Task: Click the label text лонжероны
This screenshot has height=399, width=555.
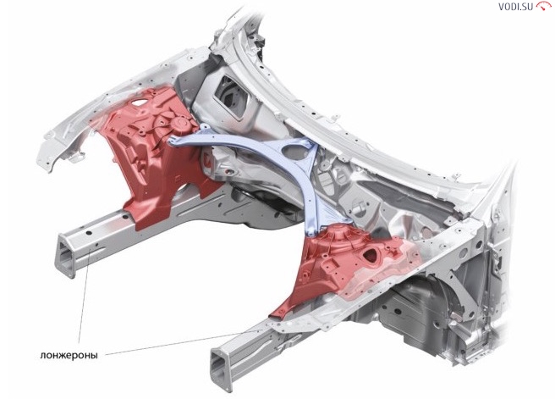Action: tap(69, 355)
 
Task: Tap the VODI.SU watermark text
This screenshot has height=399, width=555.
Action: tap(515, 7)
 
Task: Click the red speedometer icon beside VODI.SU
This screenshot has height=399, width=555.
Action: tap(544, 6)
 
